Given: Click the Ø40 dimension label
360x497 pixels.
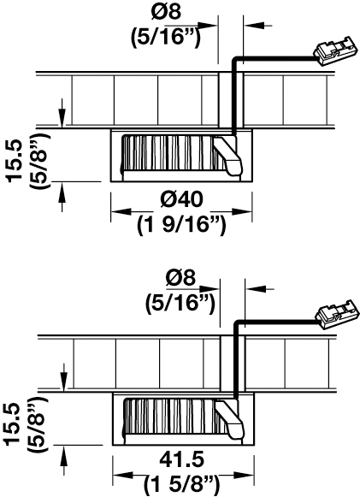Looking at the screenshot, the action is click(x=181, y=200).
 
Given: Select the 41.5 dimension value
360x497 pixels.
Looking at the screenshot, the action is click(x=182, y=459).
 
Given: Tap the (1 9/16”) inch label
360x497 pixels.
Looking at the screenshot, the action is click(x=181, y=226).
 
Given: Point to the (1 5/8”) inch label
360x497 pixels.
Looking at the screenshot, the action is click(x=181, y=484).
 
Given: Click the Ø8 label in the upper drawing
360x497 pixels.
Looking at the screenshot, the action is click(x=167, y=12).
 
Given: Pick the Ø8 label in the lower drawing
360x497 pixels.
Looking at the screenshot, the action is click(x=180, y=278).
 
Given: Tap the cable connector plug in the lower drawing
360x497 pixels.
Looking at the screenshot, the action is click(x=337, y=315).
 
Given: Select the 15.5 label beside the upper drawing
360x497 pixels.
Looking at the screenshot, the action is click(x=15, y=162).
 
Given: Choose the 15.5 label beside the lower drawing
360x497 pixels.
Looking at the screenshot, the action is click(x=13, y=424).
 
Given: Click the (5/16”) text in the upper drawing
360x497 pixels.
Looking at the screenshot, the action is click(x=166, y=38).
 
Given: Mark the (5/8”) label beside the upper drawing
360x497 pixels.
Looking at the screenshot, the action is click(x=40, y=162).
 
